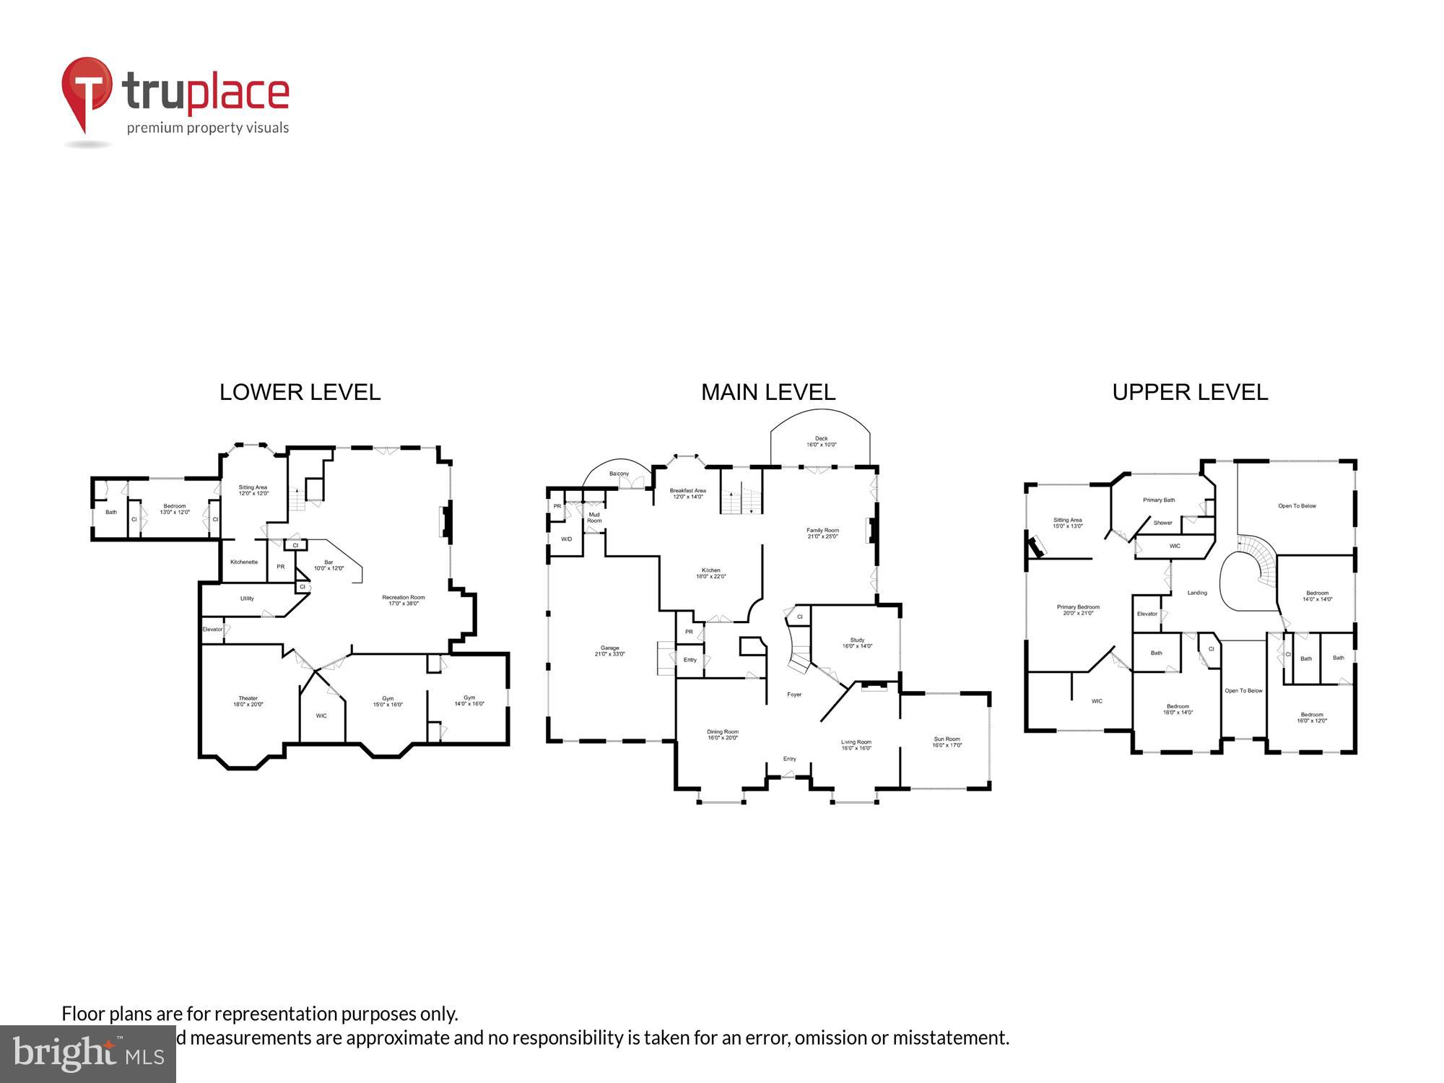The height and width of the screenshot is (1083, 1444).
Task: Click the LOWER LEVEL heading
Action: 300,392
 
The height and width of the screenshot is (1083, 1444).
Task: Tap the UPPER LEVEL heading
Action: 1190,392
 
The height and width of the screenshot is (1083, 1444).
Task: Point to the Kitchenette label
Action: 244,562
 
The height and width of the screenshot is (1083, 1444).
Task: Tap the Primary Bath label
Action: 1159,500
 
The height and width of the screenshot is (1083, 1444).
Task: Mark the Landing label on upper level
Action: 1197,593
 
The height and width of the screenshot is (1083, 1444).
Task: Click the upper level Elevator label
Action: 1147,614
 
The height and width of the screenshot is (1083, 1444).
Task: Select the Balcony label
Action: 619,474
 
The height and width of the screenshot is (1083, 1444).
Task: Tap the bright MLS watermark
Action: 87,1054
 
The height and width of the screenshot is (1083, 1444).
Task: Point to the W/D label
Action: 566,539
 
